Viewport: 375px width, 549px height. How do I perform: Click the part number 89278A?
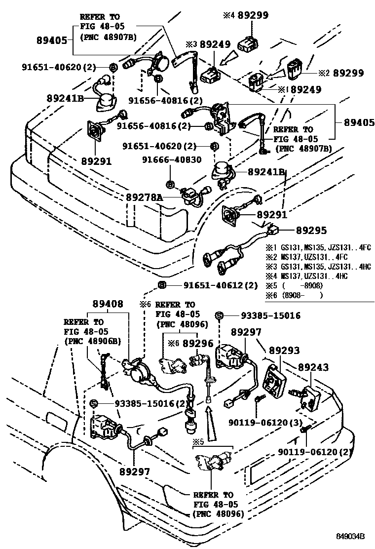(144, 196)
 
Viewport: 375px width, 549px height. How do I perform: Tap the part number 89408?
(107, 304)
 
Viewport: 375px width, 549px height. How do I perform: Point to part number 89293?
(284, 350)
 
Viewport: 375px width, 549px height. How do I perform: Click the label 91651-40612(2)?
(221, 285)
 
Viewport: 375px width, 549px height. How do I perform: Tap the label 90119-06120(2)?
(316, 452)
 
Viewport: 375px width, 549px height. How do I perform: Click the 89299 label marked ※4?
(253, 15)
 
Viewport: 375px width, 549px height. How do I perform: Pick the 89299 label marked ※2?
(348, 73)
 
